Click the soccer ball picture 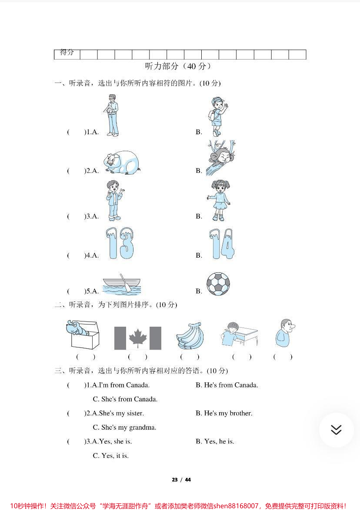(218, 284)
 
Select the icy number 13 (120, 244)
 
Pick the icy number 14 (222, 244)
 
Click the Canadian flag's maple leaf (138, 338)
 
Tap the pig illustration (120, 163)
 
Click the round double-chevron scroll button (336, 430)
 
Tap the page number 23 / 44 (181, 480)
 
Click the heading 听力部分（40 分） (178, 66)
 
